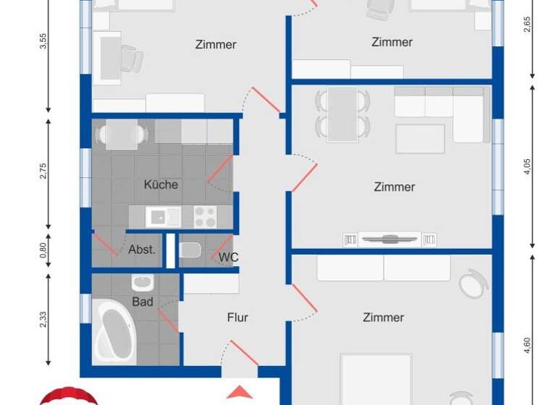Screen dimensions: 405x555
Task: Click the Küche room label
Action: pyautogui.click(x=160, y=184)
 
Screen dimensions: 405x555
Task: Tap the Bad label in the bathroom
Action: pyautogui.click(x=142, y=301)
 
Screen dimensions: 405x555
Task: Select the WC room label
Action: pyautogui.click(x=229, y=257)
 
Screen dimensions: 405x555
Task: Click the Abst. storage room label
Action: pyautogui.click(x=142, y=250)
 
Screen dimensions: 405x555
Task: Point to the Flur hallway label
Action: pyautogui.click(x=237, y=317)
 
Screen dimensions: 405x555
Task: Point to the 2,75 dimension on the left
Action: pyautogui.click(x=43, y=171)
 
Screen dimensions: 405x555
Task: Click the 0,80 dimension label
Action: pyautogui.click(x=43, y=250)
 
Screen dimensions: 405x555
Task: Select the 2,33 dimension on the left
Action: pyautogui.click(x=43, y=318)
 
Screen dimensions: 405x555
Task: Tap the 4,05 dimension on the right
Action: pyautogui.click(x=528, y=167)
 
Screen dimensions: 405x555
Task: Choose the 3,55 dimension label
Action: pyautogui.click(x=43, y=40)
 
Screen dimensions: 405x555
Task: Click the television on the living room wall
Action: pyautogui.click(x=389, y=239)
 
